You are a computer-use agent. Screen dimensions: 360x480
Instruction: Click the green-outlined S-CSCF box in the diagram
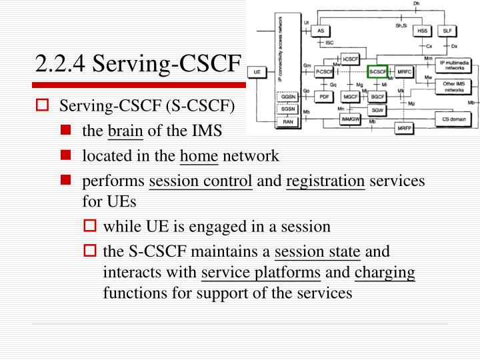point(377,71)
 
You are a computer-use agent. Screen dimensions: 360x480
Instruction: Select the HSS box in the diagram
point(422,31)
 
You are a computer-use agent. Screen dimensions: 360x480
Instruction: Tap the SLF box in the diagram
point(446,31)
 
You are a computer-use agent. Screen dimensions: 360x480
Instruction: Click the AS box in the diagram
point(321,31)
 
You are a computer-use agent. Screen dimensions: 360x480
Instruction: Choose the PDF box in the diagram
point(325,96)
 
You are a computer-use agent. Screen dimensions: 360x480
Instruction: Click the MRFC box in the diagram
point(405,71)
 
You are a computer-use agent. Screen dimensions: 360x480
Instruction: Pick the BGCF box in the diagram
point(377,96)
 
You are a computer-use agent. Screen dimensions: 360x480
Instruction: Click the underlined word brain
point(125,131)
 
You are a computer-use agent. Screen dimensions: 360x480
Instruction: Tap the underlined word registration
point(325,181)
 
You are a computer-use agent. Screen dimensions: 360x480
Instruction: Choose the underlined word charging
point(385,272)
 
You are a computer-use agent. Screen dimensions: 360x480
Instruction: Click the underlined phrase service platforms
point(261,272)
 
